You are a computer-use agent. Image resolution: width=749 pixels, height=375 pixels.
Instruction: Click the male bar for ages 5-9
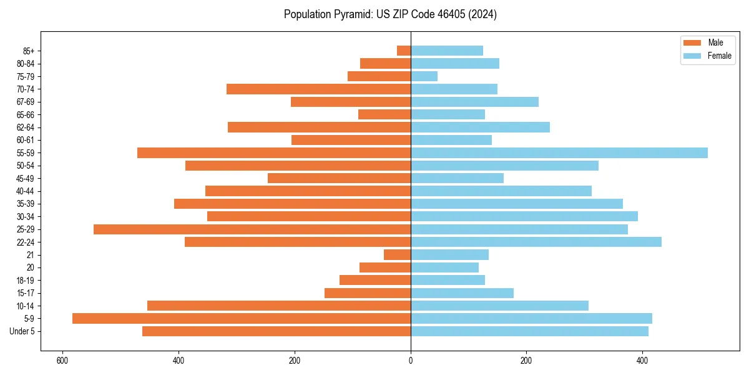(241, 318)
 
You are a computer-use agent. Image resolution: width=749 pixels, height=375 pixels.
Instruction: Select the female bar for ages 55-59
(559, 152)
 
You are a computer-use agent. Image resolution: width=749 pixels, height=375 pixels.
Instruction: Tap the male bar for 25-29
(252, 229)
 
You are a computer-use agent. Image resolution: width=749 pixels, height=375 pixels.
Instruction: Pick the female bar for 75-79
(424, 76)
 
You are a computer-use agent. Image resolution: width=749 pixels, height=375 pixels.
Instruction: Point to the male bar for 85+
(404, 51)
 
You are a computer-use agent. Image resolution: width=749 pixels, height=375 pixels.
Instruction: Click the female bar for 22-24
(536, 242)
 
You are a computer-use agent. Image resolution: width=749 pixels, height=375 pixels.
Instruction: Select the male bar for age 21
(397, 254)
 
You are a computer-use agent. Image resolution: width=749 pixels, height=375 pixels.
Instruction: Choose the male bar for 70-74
(318, 89)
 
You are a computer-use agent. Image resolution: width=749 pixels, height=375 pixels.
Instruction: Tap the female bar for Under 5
(529, 331)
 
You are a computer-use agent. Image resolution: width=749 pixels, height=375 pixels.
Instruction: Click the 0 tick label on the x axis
(411, 361)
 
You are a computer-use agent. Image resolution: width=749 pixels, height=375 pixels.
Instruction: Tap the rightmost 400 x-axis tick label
(642, 361)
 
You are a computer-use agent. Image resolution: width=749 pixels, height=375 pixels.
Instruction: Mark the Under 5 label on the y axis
(22, 331)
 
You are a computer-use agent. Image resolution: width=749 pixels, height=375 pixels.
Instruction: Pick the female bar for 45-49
(457, 178)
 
